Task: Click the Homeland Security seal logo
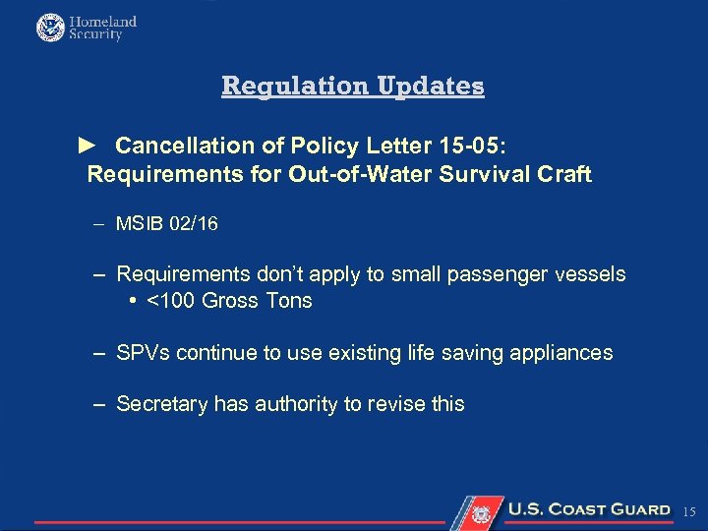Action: click(49, 27)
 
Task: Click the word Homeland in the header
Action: click(103, 21)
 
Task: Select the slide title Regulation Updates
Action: click(353, 86)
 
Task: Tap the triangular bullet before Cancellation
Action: click(87, 146)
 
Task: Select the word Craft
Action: click(563, 175)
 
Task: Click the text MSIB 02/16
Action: click(167, 224)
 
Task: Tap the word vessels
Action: click(589, 274)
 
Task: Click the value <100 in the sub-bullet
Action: click(170, 301)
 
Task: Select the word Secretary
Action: click(158, 403)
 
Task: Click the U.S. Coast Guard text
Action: click(588, 509)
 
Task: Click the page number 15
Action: click(688, 511)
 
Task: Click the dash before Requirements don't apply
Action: click(101, 274)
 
